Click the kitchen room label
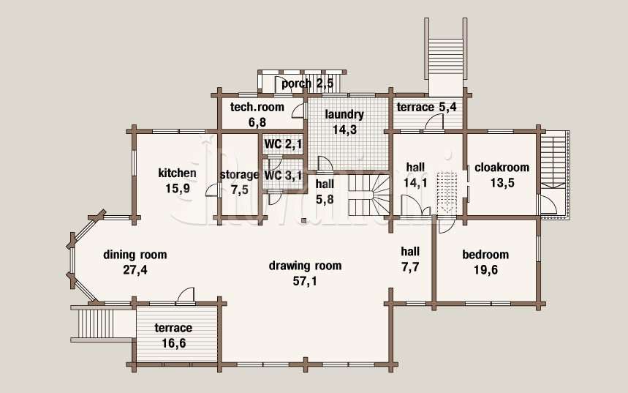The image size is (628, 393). [x=177, y=173]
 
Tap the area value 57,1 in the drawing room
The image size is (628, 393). [x=305, y=281]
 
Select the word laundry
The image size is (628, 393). [x=344, y=115]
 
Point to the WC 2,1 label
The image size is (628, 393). [x=283, y=144]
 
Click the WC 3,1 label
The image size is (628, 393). [x=283, y=175]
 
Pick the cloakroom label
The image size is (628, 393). [x=502, y=167]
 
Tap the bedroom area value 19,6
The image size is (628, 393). [x=486, y=270]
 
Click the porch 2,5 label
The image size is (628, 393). [x=307, y=84]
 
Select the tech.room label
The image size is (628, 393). [x=257, y=107]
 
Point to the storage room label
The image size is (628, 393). [x=239, y=175]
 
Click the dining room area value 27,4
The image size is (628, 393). [x=135, y=270]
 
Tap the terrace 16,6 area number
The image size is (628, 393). [x=174, y=343]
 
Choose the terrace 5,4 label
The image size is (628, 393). [x=426, y=107]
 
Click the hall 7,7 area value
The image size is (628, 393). [x=410, y=266]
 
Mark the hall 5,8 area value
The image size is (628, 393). [x=325, y=199]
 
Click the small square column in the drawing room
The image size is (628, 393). [x=304, y=220]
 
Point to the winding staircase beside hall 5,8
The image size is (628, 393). [x=368, y=195]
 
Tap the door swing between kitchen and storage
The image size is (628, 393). [x=213, y=190]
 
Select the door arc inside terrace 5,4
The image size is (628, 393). [x=434, y=122]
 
